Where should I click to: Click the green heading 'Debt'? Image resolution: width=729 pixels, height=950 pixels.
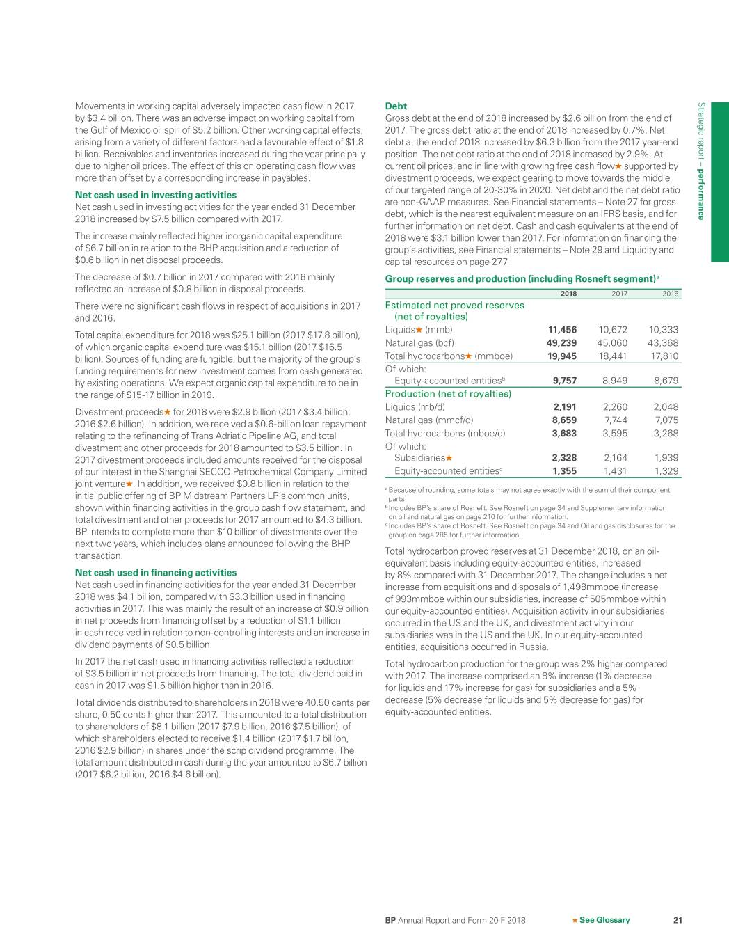point(396,106)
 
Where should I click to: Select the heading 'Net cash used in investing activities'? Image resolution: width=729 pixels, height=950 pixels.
point(155,195)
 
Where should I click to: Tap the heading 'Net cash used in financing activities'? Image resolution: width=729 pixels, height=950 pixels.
point(155,573)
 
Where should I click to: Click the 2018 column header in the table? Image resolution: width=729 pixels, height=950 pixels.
point(568,294)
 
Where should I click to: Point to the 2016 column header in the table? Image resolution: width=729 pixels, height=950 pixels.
point(670,294)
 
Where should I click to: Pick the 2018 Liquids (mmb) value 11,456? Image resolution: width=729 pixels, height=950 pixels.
point(562,330)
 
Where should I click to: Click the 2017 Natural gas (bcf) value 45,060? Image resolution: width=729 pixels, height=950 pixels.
point(612,342)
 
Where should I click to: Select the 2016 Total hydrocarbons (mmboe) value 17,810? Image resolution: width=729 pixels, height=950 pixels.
point(664,356)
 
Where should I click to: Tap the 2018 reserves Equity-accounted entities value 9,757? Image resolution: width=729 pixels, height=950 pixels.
point(564,381)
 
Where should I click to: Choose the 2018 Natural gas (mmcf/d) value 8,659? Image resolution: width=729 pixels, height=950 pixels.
point(564,420)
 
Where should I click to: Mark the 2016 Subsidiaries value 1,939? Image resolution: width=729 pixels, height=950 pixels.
point(666,458)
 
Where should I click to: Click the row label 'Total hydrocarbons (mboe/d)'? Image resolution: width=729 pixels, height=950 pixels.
point(445,433)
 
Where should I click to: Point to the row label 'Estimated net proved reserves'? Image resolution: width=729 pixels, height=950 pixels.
point(454,305)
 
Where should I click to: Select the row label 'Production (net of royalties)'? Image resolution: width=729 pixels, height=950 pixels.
point(448,394)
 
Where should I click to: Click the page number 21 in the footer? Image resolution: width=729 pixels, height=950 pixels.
point(678,920)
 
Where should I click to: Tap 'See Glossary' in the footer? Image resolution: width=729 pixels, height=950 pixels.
point(604,920)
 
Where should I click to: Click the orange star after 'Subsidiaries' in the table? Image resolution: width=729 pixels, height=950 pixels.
point(449,458)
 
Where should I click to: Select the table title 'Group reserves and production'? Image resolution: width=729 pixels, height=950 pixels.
point(520,279)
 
